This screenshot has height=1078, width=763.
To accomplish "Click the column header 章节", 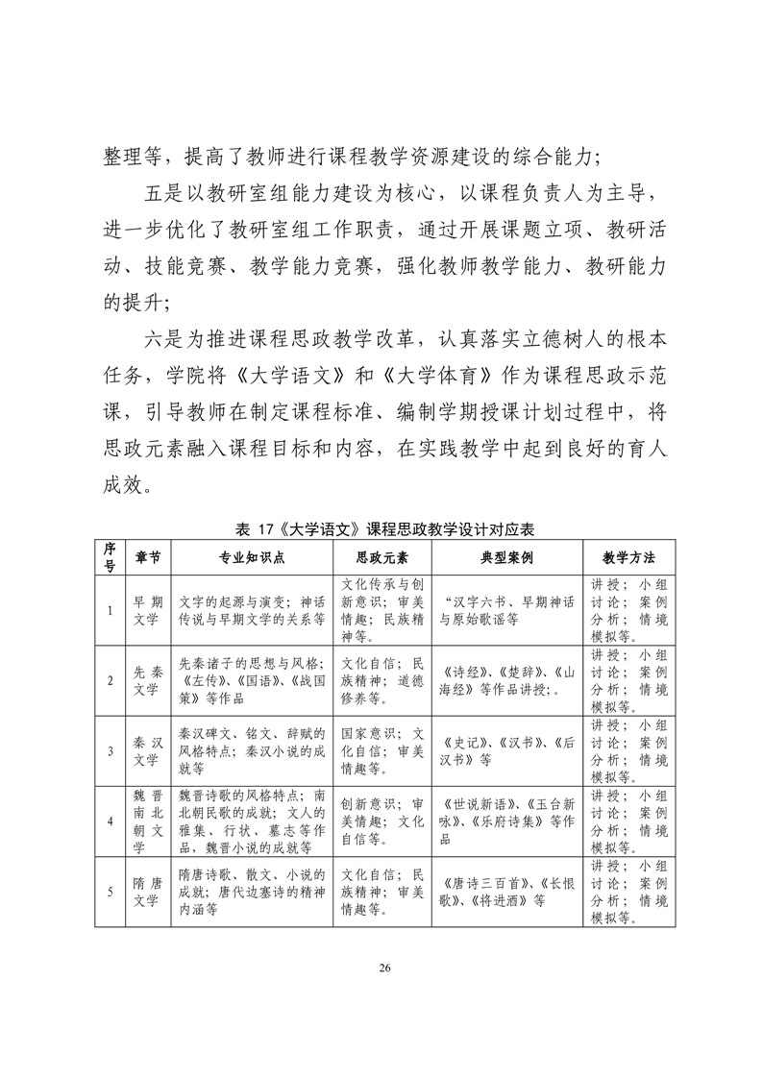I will click(148, 556).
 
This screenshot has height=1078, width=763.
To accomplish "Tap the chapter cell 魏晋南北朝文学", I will click(148, 821).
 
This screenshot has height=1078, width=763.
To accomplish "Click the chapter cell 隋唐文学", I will click(148, 892).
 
